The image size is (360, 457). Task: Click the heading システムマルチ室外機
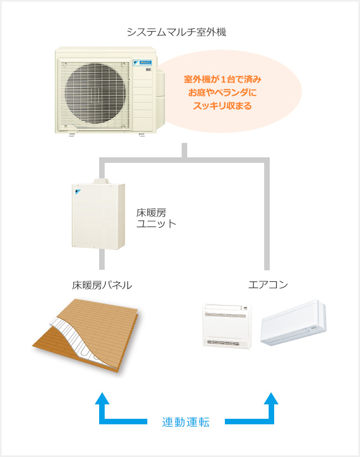176,32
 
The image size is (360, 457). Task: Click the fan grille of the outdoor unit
96,93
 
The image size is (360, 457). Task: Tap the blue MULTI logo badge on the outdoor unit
142,63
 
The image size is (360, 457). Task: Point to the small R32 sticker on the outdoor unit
148,70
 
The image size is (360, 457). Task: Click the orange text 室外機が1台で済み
223,79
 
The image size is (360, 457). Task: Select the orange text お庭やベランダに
223,93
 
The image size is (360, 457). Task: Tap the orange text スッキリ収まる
223,106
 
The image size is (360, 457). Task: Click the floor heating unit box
99,214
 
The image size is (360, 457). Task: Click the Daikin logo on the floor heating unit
78,192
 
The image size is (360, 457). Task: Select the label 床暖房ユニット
156,218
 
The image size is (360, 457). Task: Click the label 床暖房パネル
102,285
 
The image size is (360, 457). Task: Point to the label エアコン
268,285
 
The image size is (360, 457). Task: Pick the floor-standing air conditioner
227,326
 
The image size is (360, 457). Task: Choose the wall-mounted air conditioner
293,323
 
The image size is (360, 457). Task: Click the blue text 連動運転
186,422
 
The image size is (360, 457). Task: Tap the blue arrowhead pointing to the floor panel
102,398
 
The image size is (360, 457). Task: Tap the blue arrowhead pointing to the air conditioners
271,398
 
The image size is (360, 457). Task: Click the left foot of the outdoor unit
71,135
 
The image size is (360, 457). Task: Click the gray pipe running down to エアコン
267,214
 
